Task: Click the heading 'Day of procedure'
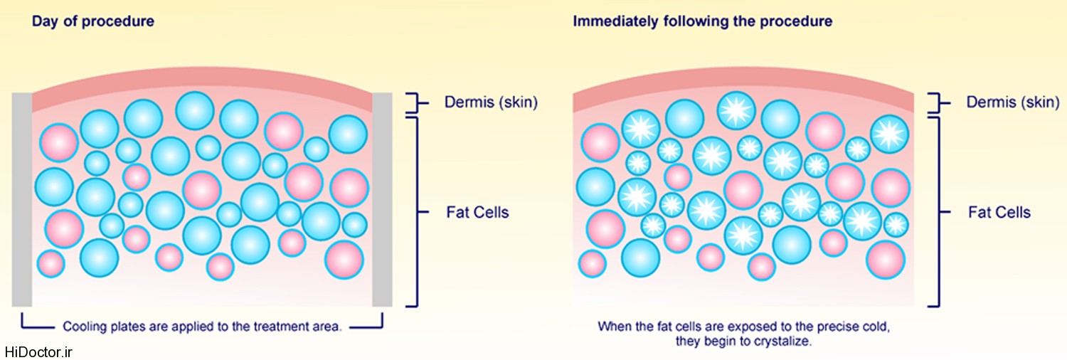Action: click(x=92, y=21)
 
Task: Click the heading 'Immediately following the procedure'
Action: click(x=703, y=21)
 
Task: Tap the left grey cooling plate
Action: click(x=22, y=199)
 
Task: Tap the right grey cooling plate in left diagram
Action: click(x=383, y=199)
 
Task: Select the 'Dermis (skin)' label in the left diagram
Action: click(x=491, y=102)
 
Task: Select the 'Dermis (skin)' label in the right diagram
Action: click(x=1012, y=102)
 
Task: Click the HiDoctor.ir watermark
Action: click(x=38, y=352)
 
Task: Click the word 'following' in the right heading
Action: click(x=690, y=21)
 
